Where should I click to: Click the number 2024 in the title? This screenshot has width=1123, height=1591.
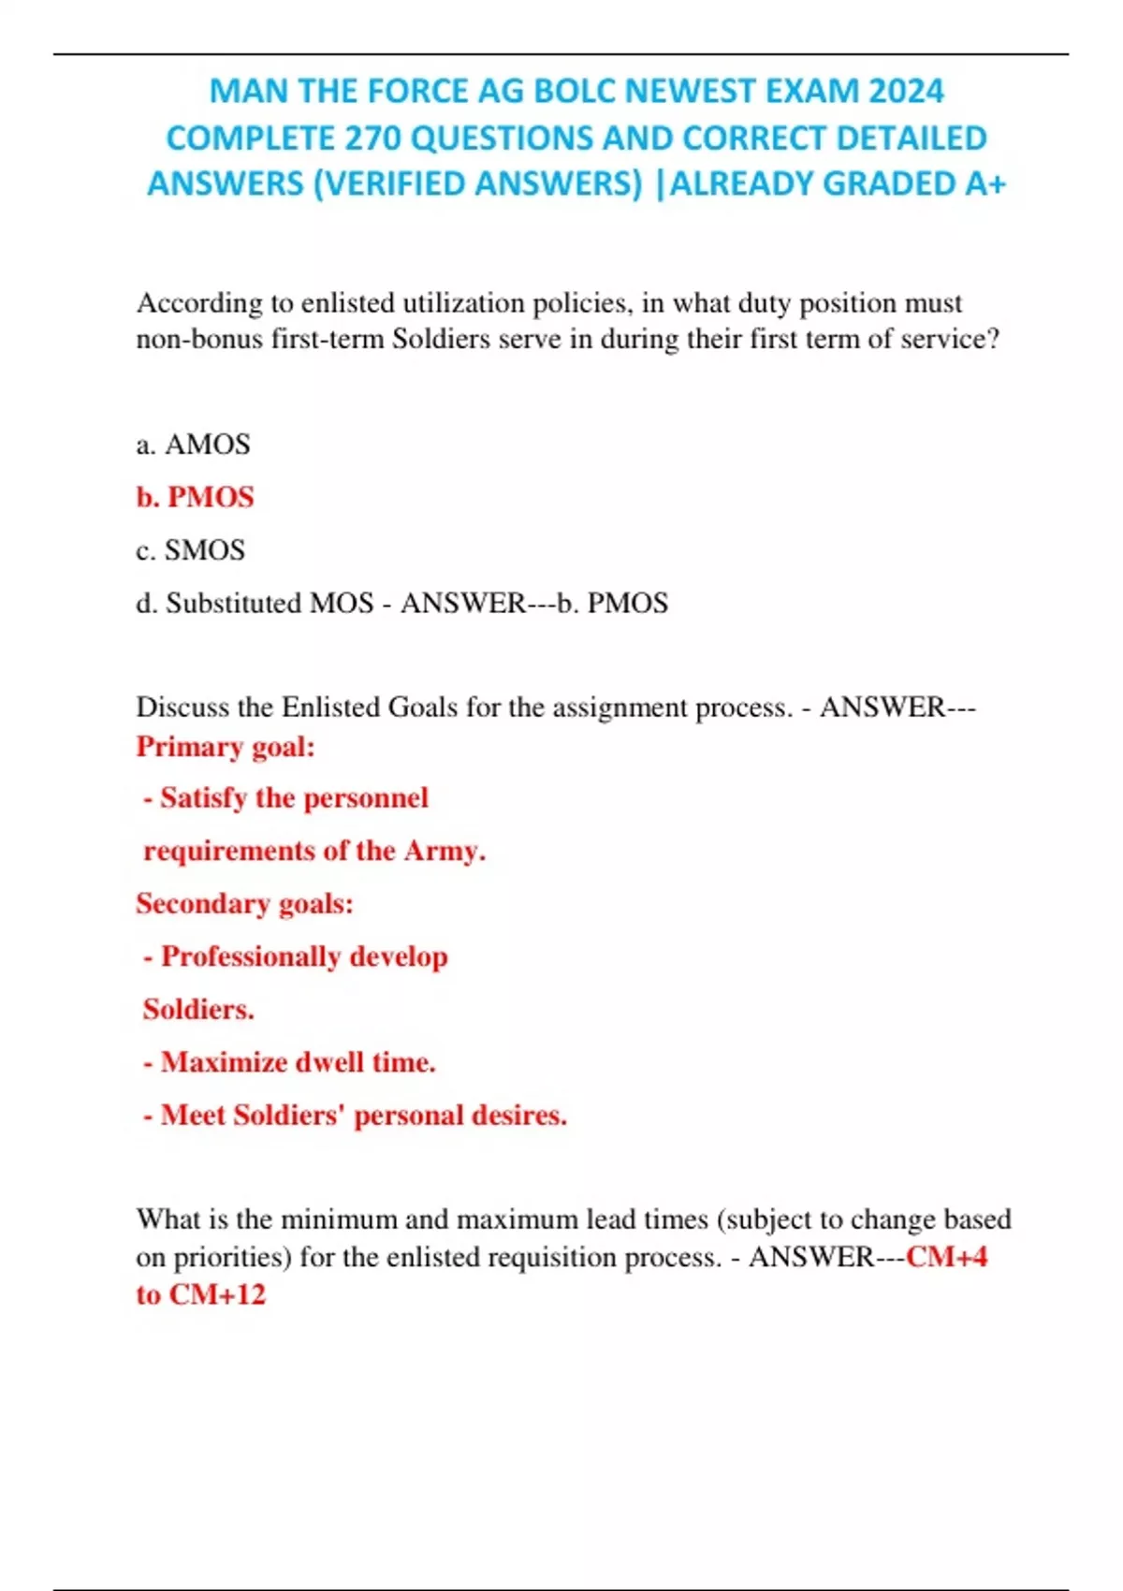tap(906, 92)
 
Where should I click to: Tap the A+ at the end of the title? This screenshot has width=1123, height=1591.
tap(985, 184)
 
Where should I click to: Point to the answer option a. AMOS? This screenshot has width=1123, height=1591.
tap(194, 445)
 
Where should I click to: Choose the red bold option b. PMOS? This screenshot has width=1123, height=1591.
tap(195, 497)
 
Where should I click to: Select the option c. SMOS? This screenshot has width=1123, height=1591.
tap(191, 550)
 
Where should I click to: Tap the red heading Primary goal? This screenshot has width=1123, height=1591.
tap(226, 747)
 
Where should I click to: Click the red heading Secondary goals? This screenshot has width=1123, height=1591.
tap(244, 904)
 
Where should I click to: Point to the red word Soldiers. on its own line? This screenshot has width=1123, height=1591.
tap(198, 1010)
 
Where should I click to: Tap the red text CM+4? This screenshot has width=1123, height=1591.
tap(946, 1257)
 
